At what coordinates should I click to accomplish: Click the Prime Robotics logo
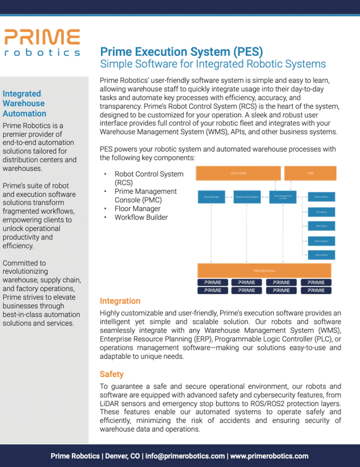click(x=42, y=43)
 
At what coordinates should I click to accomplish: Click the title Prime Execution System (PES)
click(x=181, y=51)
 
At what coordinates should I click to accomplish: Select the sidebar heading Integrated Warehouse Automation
click(x=24, y=103)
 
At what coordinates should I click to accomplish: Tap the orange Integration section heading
click(x=120, y=301)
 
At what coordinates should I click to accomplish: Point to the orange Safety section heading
click(x=112, y=374)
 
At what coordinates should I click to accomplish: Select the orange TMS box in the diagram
click(x=310, y=173)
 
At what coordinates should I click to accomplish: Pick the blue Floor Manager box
click(x=211, y=197)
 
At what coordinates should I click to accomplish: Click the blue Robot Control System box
click(x=246, y=197)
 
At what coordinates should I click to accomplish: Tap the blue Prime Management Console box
click(x=282, y=197)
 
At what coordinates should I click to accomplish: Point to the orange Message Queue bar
click(x=264, y=270)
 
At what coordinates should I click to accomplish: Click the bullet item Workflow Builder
click(x=141, y=217)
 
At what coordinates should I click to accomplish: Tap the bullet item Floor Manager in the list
click(x=137, y=209)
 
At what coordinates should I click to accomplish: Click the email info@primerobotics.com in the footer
click(x=185, y=456)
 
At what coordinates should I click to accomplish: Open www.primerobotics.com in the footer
click(x=269, y=456)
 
